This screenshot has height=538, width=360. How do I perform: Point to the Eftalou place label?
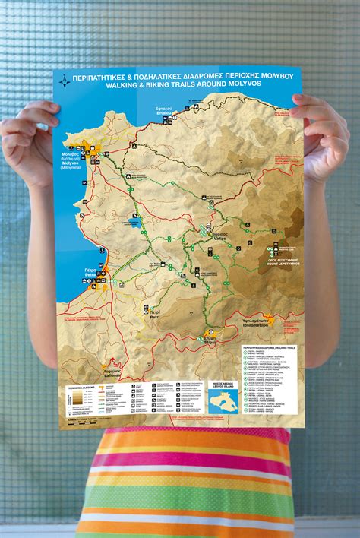[x=165, y=112]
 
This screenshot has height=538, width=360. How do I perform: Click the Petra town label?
[x=90, y=273]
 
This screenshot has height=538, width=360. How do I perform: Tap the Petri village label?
[x=153, y=313]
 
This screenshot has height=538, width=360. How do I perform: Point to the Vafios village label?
[x=220, y=234]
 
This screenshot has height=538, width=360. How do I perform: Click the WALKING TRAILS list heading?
[x=269, y=347]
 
